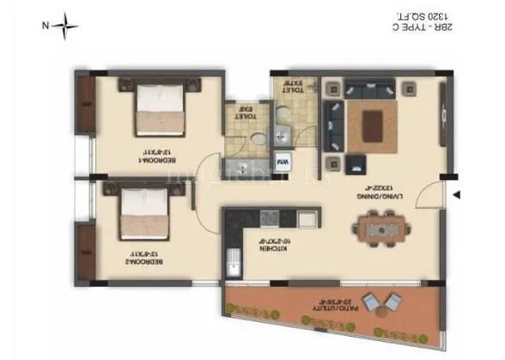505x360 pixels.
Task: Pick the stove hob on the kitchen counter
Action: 269,217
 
